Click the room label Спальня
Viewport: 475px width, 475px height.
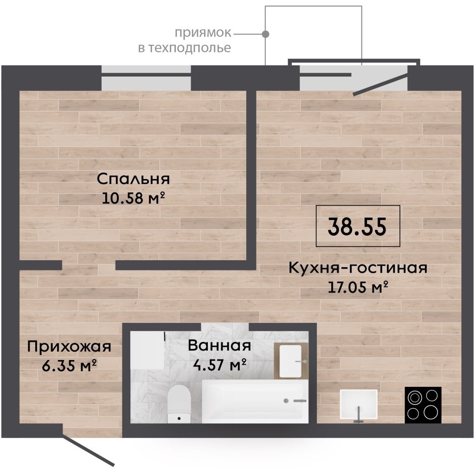[x=133, y=179]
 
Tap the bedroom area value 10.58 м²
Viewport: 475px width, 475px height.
[x=133, y=198]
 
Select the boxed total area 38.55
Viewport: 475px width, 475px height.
[x=358, y=226]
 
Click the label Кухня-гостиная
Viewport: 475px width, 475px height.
[x=358, y=268]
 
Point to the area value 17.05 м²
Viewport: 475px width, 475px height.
[x=358, y=287]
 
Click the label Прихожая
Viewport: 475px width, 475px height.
[x=70, y=347]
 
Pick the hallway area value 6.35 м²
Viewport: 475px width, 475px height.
[x=70, y=366]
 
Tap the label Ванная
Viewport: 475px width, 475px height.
[x=219, y=345]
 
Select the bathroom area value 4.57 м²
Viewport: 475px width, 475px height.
[x=219, y=365]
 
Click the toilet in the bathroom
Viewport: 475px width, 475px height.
[x=179, y=404]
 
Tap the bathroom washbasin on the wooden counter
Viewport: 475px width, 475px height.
[x=290, y=361]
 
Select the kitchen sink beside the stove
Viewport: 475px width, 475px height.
[x=359, y=404]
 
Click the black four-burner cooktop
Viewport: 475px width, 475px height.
[x=423, y=404]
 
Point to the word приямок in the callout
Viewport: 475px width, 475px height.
[x=203, y=33]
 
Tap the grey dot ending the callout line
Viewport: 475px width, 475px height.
[x=266, y=33]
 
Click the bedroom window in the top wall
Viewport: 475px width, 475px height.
[x=146, y=77]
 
